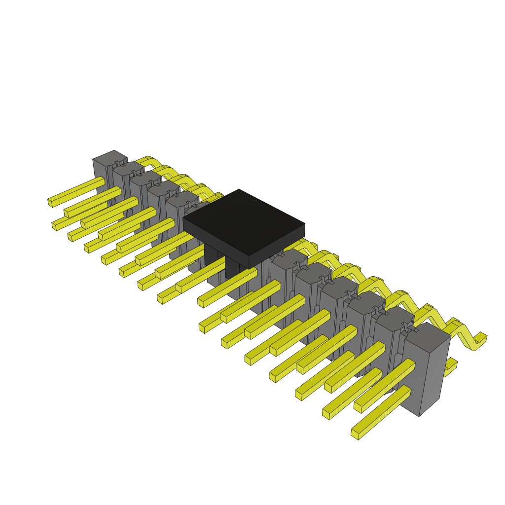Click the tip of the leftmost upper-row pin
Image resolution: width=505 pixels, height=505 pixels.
tap(51, 202)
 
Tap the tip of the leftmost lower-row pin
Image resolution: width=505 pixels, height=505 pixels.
tap(55, 226)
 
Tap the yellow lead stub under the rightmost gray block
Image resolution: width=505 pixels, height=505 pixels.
tap(450, 368)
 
